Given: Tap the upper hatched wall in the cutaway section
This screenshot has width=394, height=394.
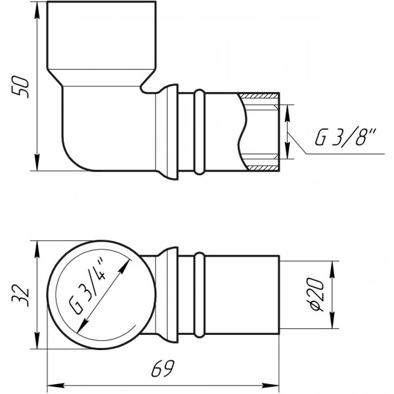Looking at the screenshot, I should [259, 98].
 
